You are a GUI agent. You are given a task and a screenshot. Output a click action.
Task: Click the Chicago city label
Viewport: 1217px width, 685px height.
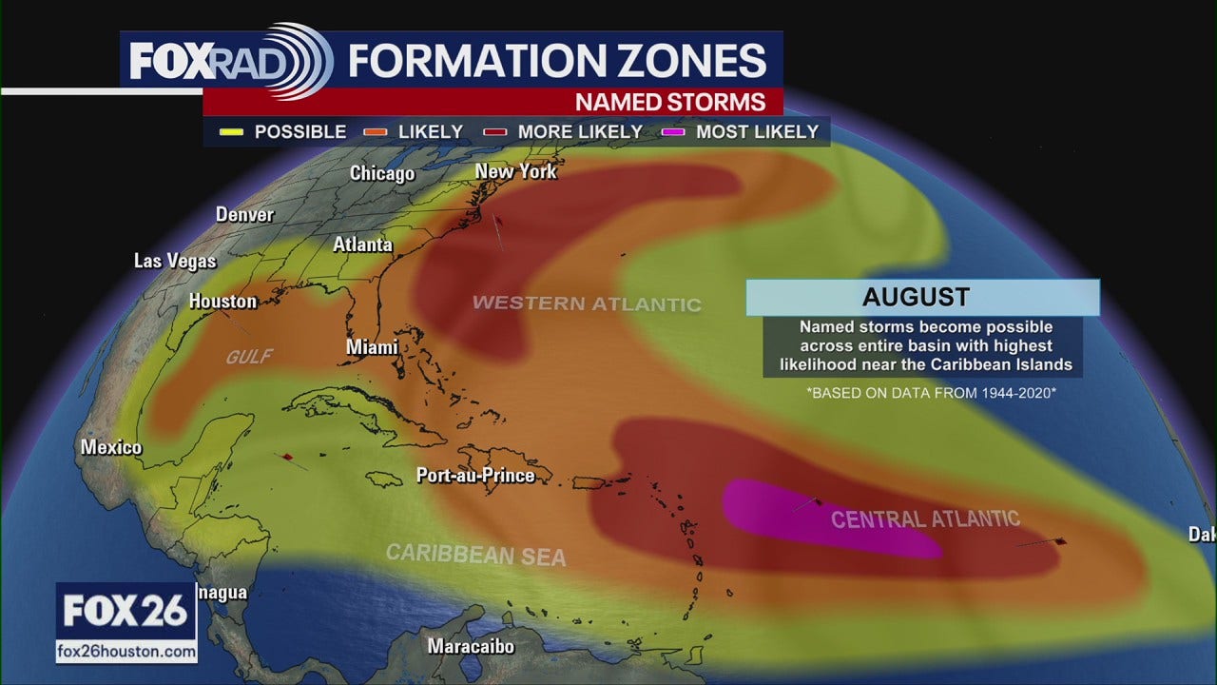click(382, 173)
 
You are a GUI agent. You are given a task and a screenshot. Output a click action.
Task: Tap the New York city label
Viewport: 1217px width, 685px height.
click(515, 171)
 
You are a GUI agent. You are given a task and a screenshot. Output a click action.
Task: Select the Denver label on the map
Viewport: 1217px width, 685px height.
click(244, 214)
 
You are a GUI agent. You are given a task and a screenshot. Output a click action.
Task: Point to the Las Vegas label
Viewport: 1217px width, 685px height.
click(175, 260)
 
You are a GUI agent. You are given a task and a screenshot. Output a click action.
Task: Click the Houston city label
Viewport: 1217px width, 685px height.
click(222, 302)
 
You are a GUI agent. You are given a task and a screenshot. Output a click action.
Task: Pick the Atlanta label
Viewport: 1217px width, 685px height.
click(362, 245)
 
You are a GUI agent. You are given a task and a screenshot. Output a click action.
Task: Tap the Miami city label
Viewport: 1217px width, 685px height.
click(372, 347)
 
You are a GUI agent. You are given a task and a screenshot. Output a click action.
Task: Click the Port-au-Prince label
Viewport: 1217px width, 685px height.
click(475, 475)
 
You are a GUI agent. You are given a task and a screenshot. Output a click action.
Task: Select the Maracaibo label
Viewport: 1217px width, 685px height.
click(471, 647)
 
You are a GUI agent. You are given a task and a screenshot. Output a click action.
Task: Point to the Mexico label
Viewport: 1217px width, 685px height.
click(111, 447)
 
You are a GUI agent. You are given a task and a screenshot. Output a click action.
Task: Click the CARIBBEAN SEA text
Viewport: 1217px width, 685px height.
click(475, 554)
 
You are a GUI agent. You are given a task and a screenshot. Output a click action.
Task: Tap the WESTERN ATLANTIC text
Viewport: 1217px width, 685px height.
click(587, 303)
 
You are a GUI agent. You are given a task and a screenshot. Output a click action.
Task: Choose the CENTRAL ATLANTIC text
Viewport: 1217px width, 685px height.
click(925, 519)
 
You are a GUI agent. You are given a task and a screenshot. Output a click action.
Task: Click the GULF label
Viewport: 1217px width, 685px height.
click(249, 357)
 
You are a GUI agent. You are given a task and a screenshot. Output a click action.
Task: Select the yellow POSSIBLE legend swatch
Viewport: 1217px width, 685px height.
click(229, 132)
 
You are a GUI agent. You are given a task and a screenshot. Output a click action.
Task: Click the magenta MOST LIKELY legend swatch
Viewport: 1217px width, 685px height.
click(672, 132)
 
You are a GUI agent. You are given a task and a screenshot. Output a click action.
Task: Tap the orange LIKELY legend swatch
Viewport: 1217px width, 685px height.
click(375, 132)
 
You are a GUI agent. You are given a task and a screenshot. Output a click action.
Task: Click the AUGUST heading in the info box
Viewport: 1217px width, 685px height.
click(916, 297)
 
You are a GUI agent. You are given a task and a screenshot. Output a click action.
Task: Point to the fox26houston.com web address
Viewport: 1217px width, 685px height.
click(126, 652)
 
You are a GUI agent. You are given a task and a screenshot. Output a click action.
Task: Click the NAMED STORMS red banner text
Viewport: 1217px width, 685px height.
click(670, 102)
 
